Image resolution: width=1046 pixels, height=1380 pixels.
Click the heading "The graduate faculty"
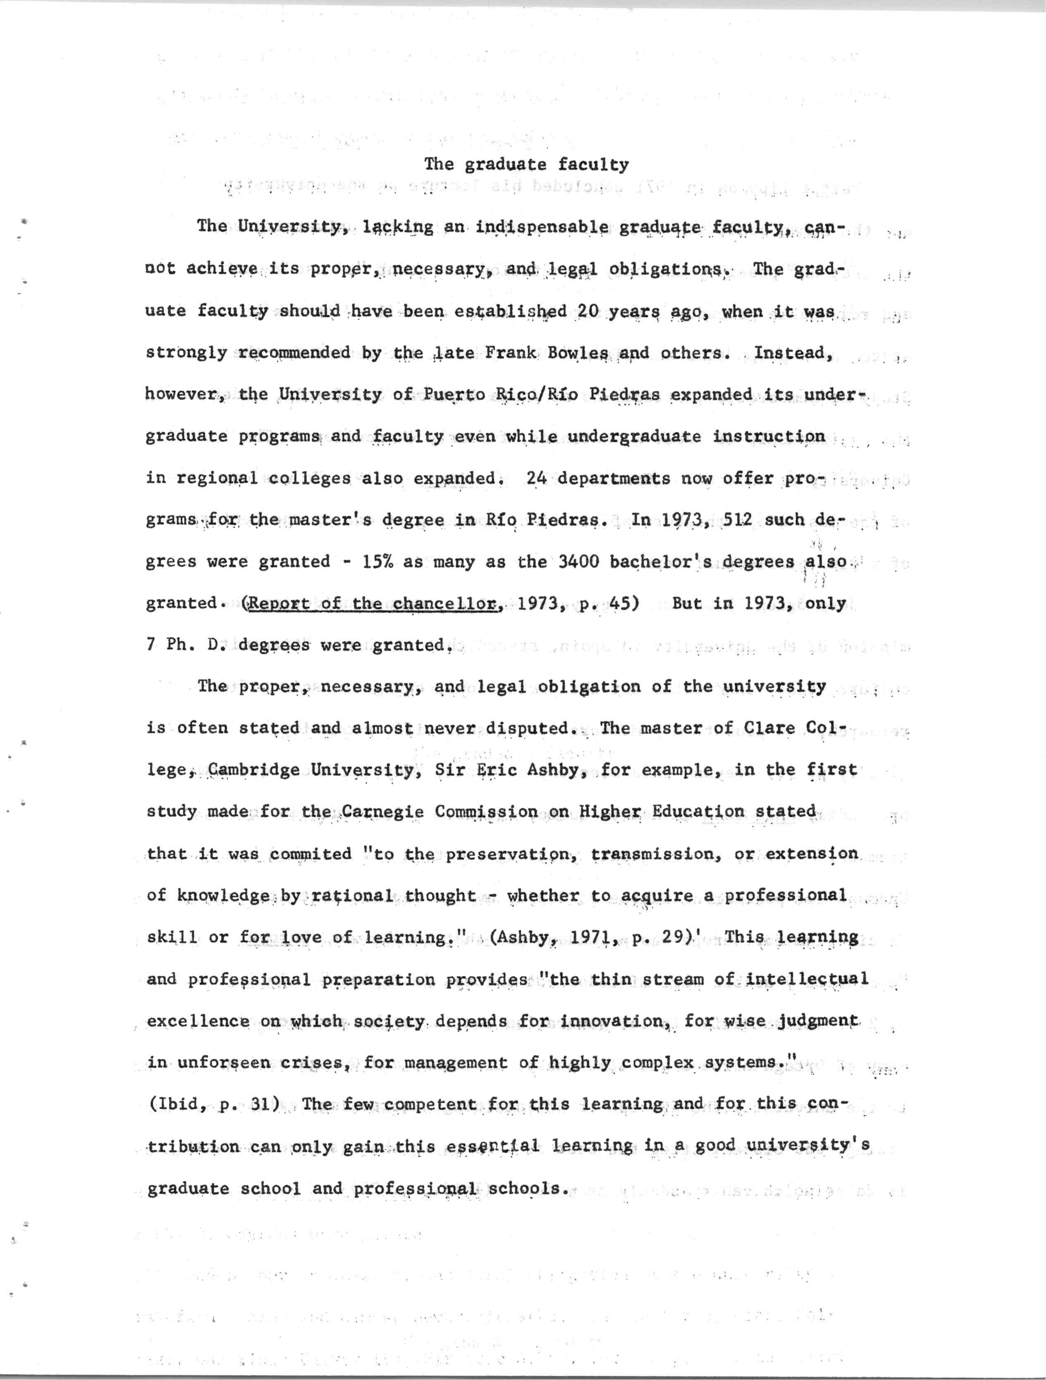click(x=526, y=165)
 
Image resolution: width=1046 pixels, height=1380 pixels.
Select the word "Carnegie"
click(x=382, y=812)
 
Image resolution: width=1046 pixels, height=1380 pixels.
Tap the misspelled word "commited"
click(x=310, y=854)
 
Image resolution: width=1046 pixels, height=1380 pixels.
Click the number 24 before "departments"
click(x=536, y=478)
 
